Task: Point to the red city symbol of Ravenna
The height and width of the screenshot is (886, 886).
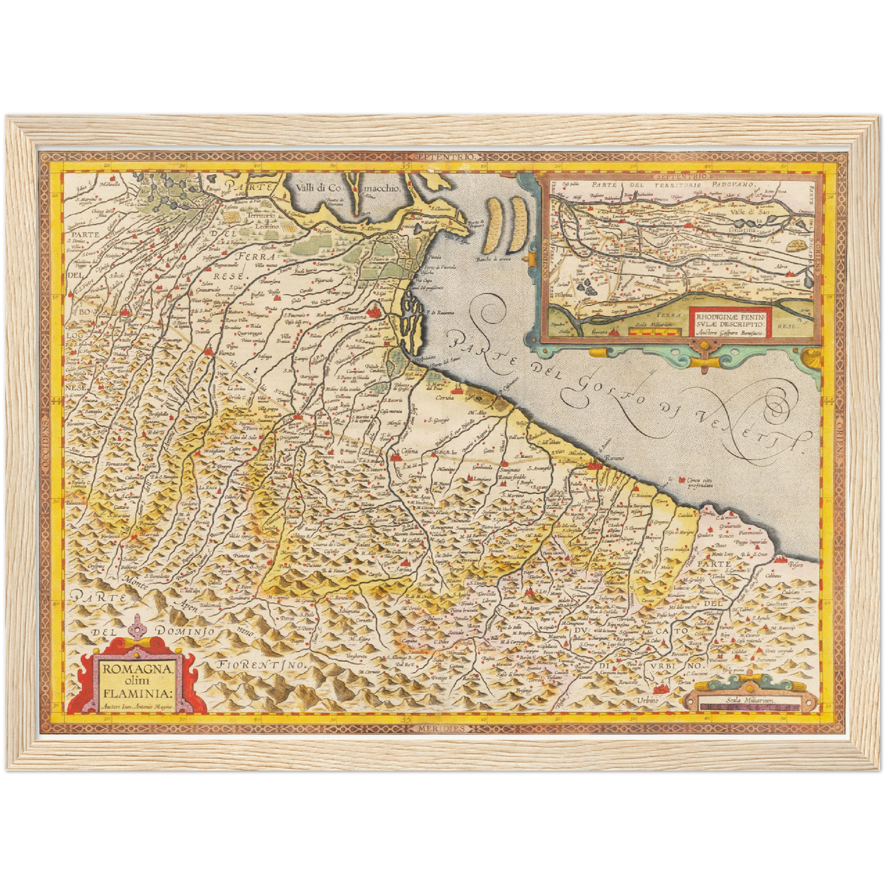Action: [x=374, y=314]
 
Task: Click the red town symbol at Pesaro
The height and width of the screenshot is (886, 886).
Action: [x=782, y=559]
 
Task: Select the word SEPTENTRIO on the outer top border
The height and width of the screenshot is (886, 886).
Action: [x=443, y=158]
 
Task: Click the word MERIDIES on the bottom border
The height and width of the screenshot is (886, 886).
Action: [x=443, y=728]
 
